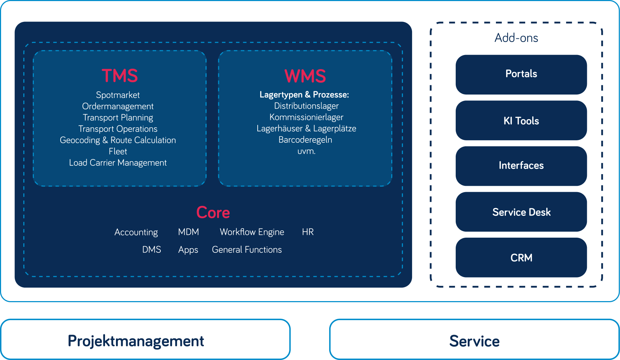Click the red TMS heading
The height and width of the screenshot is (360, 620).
119,76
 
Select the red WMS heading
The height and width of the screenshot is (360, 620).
305,76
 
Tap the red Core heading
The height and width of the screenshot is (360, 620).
213,212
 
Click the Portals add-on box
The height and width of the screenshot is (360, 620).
521,74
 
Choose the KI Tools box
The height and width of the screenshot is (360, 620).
521,121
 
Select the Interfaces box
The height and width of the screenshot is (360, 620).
521,166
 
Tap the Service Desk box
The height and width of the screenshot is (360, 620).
521,212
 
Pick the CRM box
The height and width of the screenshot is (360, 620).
521,258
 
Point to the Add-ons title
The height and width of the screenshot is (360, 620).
516,38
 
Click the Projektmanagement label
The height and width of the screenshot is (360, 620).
136,341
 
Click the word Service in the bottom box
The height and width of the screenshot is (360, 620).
474,341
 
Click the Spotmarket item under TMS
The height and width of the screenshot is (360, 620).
118,95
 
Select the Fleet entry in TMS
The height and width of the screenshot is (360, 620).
118,151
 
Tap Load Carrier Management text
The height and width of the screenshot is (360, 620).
118,163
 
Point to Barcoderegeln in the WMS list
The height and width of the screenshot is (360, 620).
305,140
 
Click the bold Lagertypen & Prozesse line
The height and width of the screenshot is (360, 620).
304,94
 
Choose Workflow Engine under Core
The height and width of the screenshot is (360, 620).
252,232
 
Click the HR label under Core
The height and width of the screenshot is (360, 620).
308,232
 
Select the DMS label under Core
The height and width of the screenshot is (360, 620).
152,249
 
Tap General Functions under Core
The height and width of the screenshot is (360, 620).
247,249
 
